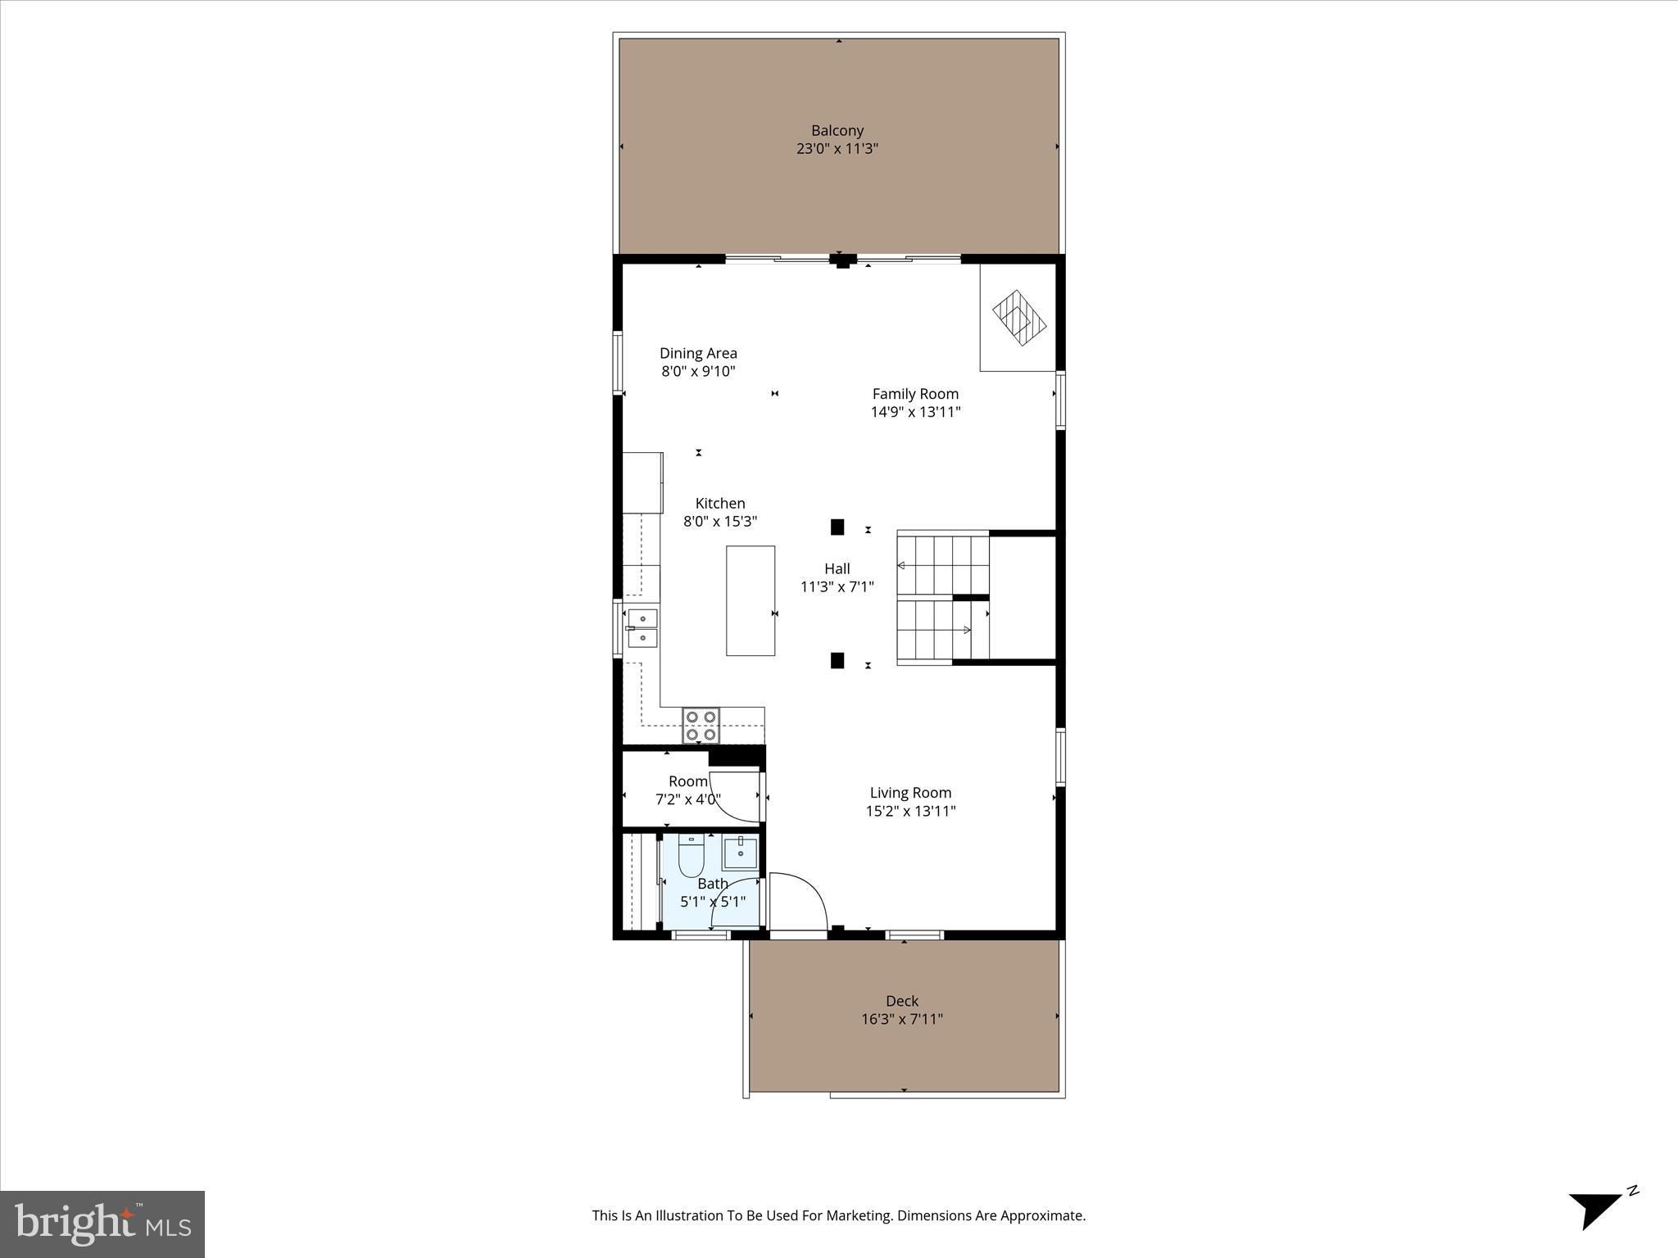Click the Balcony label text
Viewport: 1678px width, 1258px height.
[x=837, y=130]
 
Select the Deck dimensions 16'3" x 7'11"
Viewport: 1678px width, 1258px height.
[x=901, y=1019]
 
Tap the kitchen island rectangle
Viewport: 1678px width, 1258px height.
[x=751, y=600]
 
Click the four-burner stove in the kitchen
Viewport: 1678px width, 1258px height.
[x=701, y=726]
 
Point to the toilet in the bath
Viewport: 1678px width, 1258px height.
[x=692, y=857]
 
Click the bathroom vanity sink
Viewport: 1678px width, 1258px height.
[x=741, y=853]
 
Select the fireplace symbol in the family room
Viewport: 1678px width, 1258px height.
[x=1019, y=319]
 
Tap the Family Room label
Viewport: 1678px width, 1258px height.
[x=915, y=394]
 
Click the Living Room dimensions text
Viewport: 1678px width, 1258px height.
[x=910, y=811]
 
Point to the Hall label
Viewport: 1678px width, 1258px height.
[x=837, y=568]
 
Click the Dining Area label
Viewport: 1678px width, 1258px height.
[x=698, y=353]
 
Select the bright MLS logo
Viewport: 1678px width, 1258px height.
[x=102, y=1224]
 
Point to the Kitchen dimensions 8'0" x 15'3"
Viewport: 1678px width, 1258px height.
[x=720, y=521]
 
